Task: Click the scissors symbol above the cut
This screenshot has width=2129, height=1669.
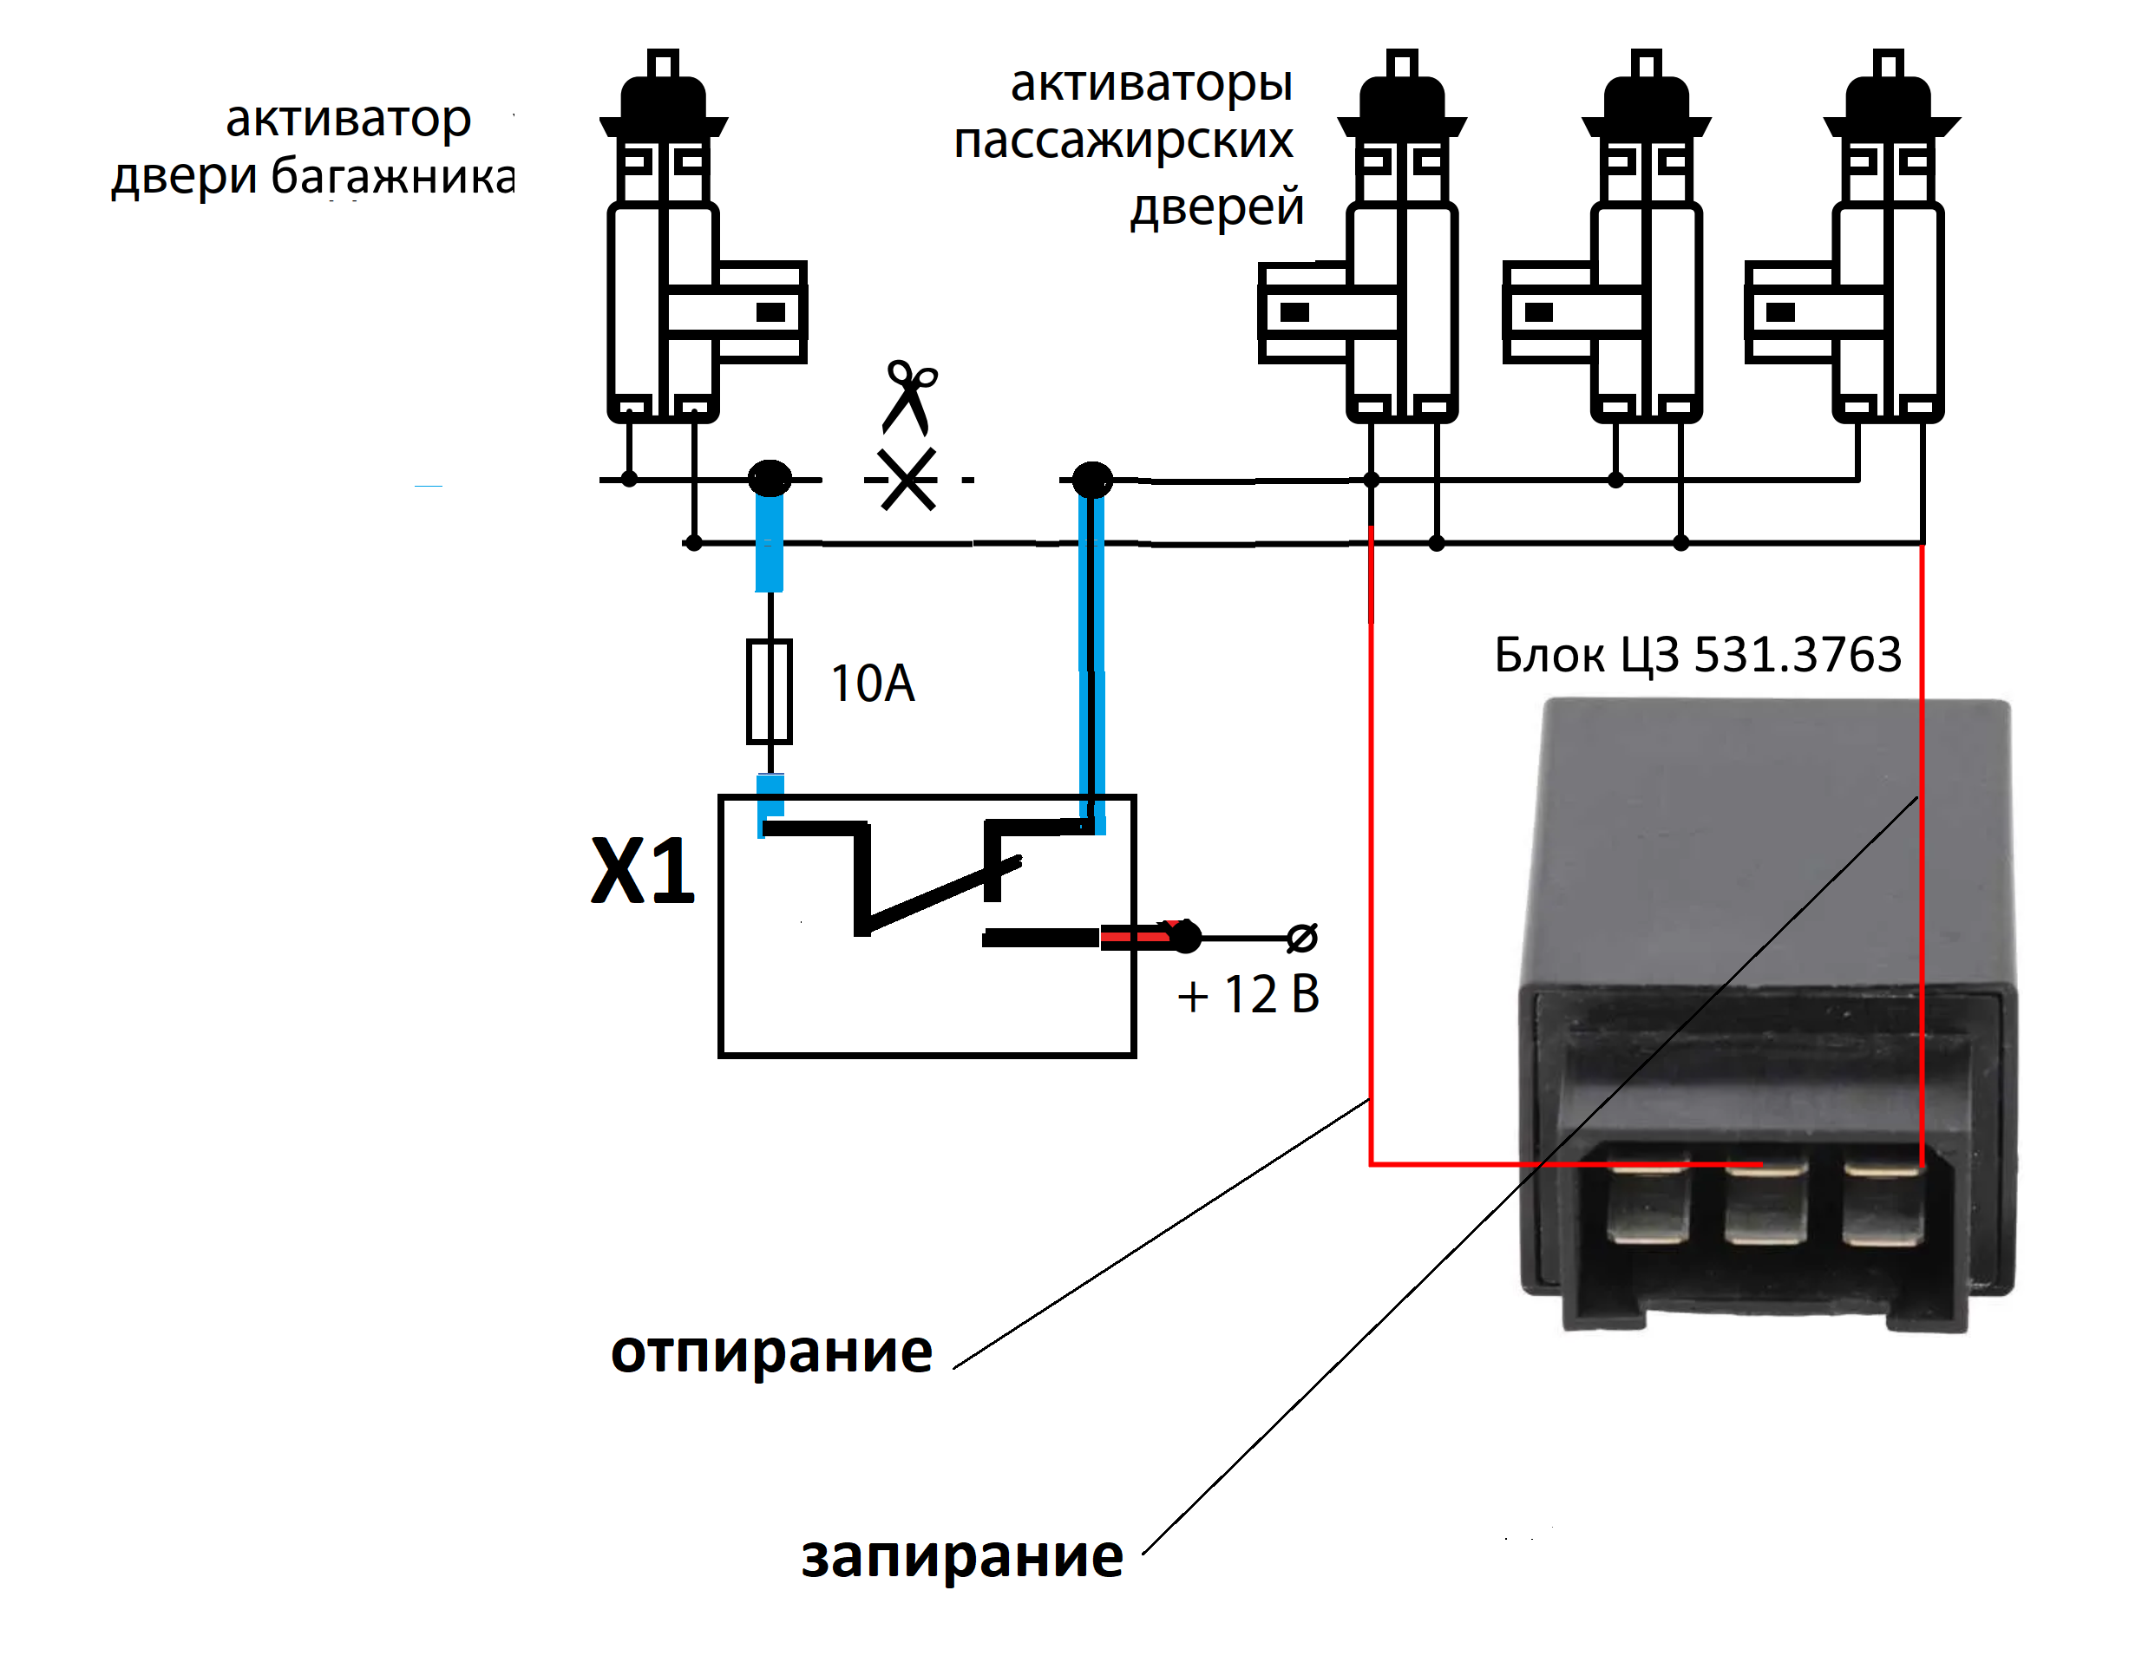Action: coord(909,397)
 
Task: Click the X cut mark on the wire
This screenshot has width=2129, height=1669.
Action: coord(907,479)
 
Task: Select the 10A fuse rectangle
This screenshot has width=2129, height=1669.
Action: coord(770,692)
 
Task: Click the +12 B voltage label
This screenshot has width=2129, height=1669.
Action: coord(1248,995)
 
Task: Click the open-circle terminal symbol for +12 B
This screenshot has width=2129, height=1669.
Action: coord(1301,938)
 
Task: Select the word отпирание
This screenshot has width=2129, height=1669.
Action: coord(771,1353)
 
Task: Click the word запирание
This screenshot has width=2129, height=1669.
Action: coord(961,1556)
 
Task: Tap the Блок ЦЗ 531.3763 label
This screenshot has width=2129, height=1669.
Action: coord(1698,655)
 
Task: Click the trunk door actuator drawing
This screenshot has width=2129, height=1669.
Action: coord(704,235)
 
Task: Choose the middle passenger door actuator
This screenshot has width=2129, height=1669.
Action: coord(1608,235)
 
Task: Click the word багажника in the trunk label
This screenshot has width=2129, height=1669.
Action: coord(393,178)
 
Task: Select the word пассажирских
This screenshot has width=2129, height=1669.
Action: coord(1123,142)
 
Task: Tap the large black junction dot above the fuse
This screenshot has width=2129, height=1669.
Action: coord(770,479)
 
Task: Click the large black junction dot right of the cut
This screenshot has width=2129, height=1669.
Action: coord(1092,480)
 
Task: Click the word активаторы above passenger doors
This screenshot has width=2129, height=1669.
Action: coord(1152,84)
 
